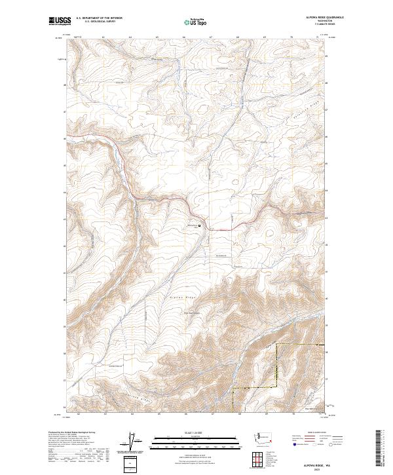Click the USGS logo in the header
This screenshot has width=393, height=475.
[x=60, y=21]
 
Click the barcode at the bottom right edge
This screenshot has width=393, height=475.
[x=382, y=449]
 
